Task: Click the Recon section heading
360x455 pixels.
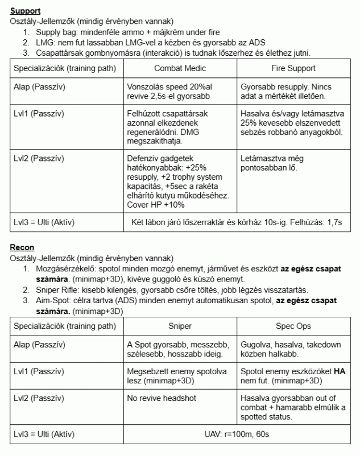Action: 23,247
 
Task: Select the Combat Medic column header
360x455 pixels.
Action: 180,68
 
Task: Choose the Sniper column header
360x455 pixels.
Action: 180,327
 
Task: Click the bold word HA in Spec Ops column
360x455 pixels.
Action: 340,371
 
